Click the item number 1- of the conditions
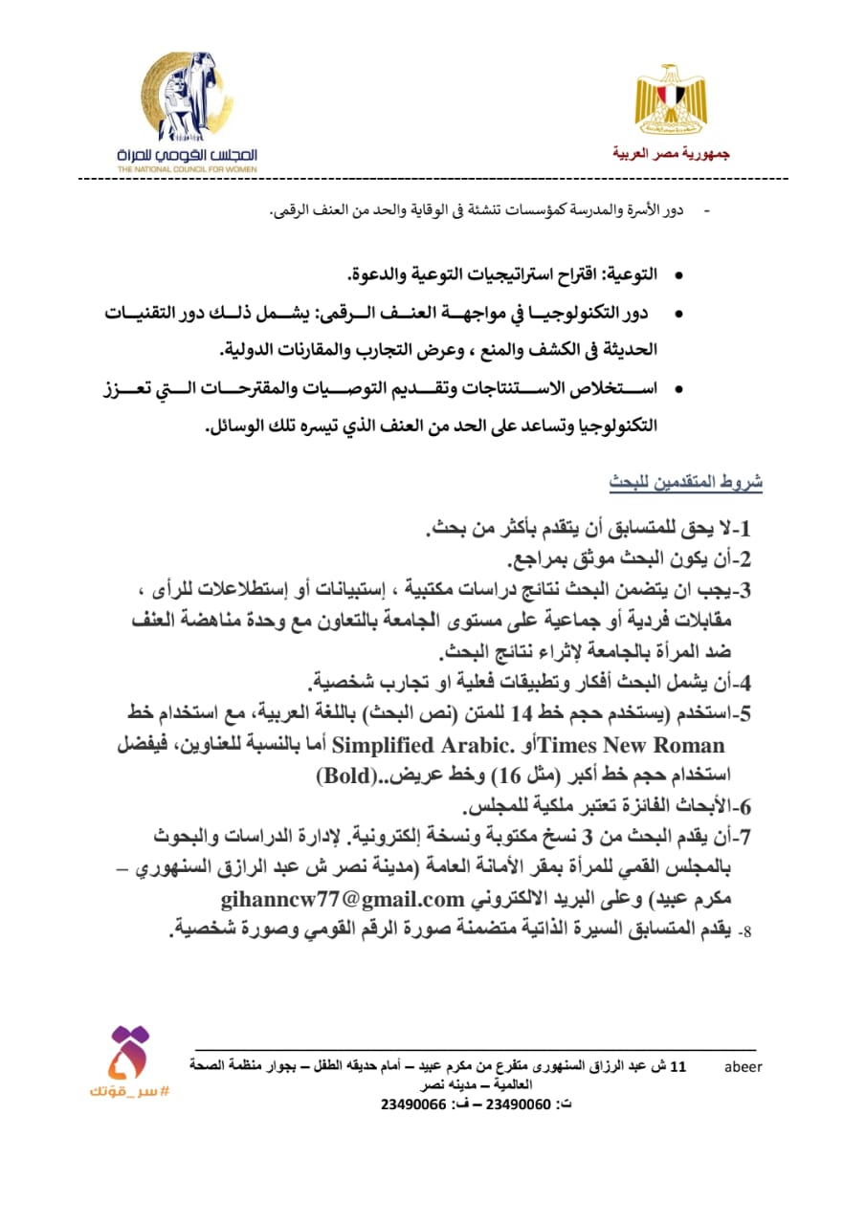coord(741,529)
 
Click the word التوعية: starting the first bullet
coord(630,274)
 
